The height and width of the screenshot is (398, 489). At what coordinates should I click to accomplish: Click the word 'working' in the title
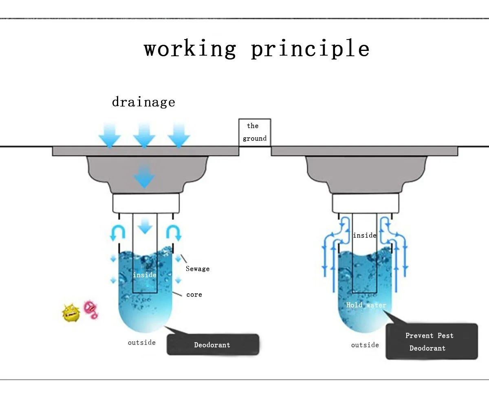click(x=190, y=49)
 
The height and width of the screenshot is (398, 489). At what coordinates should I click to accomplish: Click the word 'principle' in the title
click(x=310, y=49)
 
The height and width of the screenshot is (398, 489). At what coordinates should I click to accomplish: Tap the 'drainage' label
click(x=143, y=101)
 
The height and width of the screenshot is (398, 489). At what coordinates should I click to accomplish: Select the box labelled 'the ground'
click(x=255, y=132)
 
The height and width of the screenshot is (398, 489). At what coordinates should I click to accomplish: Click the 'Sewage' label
click(x=198, y=269)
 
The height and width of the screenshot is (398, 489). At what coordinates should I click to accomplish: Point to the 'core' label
click(x=194, y=295)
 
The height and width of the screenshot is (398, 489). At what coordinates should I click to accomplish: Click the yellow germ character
click(x=70, y=312)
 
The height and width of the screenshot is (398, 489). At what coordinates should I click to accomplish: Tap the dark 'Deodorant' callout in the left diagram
click(x=212, y=345)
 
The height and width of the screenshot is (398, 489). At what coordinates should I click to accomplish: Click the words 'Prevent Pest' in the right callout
click(x=429, y=336)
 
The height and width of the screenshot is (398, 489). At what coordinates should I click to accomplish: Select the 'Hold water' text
click(x=366, y=305)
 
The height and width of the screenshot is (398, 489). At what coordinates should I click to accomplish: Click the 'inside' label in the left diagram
click(x=145, y=275)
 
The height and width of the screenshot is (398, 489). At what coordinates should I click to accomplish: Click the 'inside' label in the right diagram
click(x=365, y=235)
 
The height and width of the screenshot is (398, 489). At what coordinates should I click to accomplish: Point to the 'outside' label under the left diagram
click(x=142, y=343)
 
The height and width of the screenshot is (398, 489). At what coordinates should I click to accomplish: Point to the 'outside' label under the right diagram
click(x=365, y=345)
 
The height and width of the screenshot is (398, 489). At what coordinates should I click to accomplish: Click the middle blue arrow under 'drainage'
click(x=144, y=135)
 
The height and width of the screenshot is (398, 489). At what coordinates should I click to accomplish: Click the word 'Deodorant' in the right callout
click(x=427, y=348)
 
